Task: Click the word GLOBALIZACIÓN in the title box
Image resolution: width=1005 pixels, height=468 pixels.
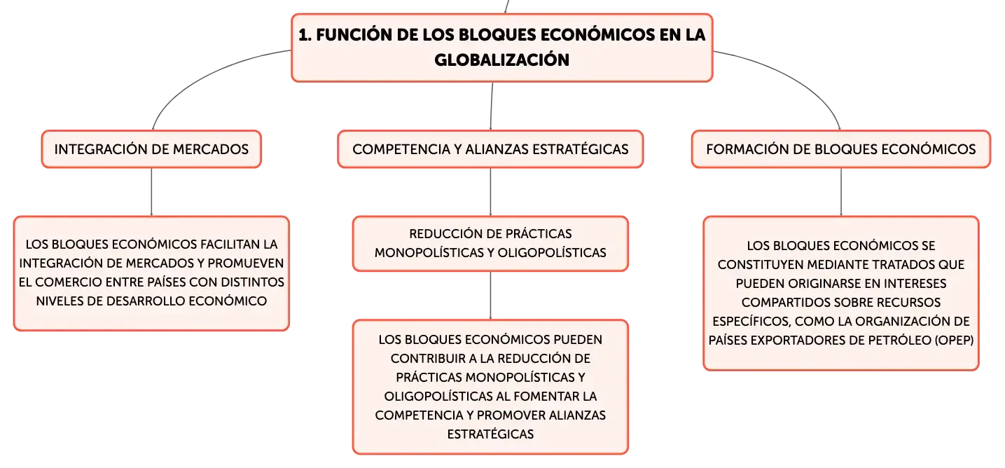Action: (x=501, y=60)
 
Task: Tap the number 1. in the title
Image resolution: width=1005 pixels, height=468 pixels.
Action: (x=305, y=34)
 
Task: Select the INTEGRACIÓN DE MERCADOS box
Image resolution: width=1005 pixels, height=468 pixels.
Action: (x=152, y=149)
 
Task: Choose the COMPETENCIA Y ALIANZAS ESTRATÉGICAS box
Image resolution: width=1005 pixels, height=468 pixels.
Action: (x=490, y=149)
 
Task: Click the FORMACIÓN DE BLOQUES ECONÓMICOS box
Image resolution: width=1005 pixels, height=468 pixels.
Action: (x=841, y=149)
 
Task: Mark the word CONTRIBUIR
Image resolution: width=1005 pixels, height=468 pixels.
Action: (x=428, y=359)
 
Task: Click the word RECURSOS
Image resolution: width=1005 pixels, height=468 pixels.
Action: (x=910, y=303)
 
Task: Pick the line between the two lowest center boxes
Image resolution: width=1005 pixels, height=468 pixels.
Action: (x=490, y=296)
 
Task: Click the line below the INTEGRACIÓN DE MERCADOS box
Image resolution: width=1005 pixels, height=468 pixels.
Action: (x=152, y=192)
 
